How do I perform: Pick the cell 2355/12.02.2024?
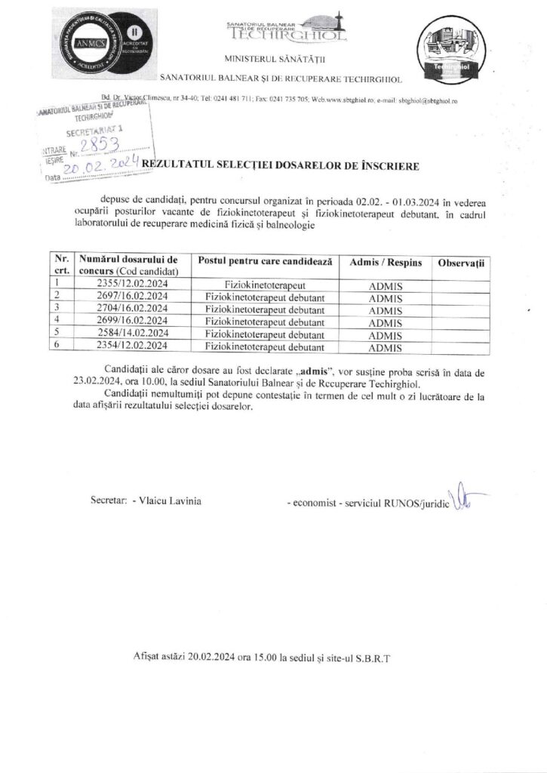133,284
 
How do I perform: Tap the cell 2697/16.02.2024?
133,297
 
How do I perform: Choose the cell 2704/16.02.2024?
133,309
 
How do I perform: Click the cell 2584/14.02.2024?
133,334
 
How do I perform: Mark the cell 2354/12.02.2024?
133,347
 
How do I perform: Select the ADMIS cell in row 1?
386,286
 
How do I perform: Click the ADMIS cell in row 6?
386,348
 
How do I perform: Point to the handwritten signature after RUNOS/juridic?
462,497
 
